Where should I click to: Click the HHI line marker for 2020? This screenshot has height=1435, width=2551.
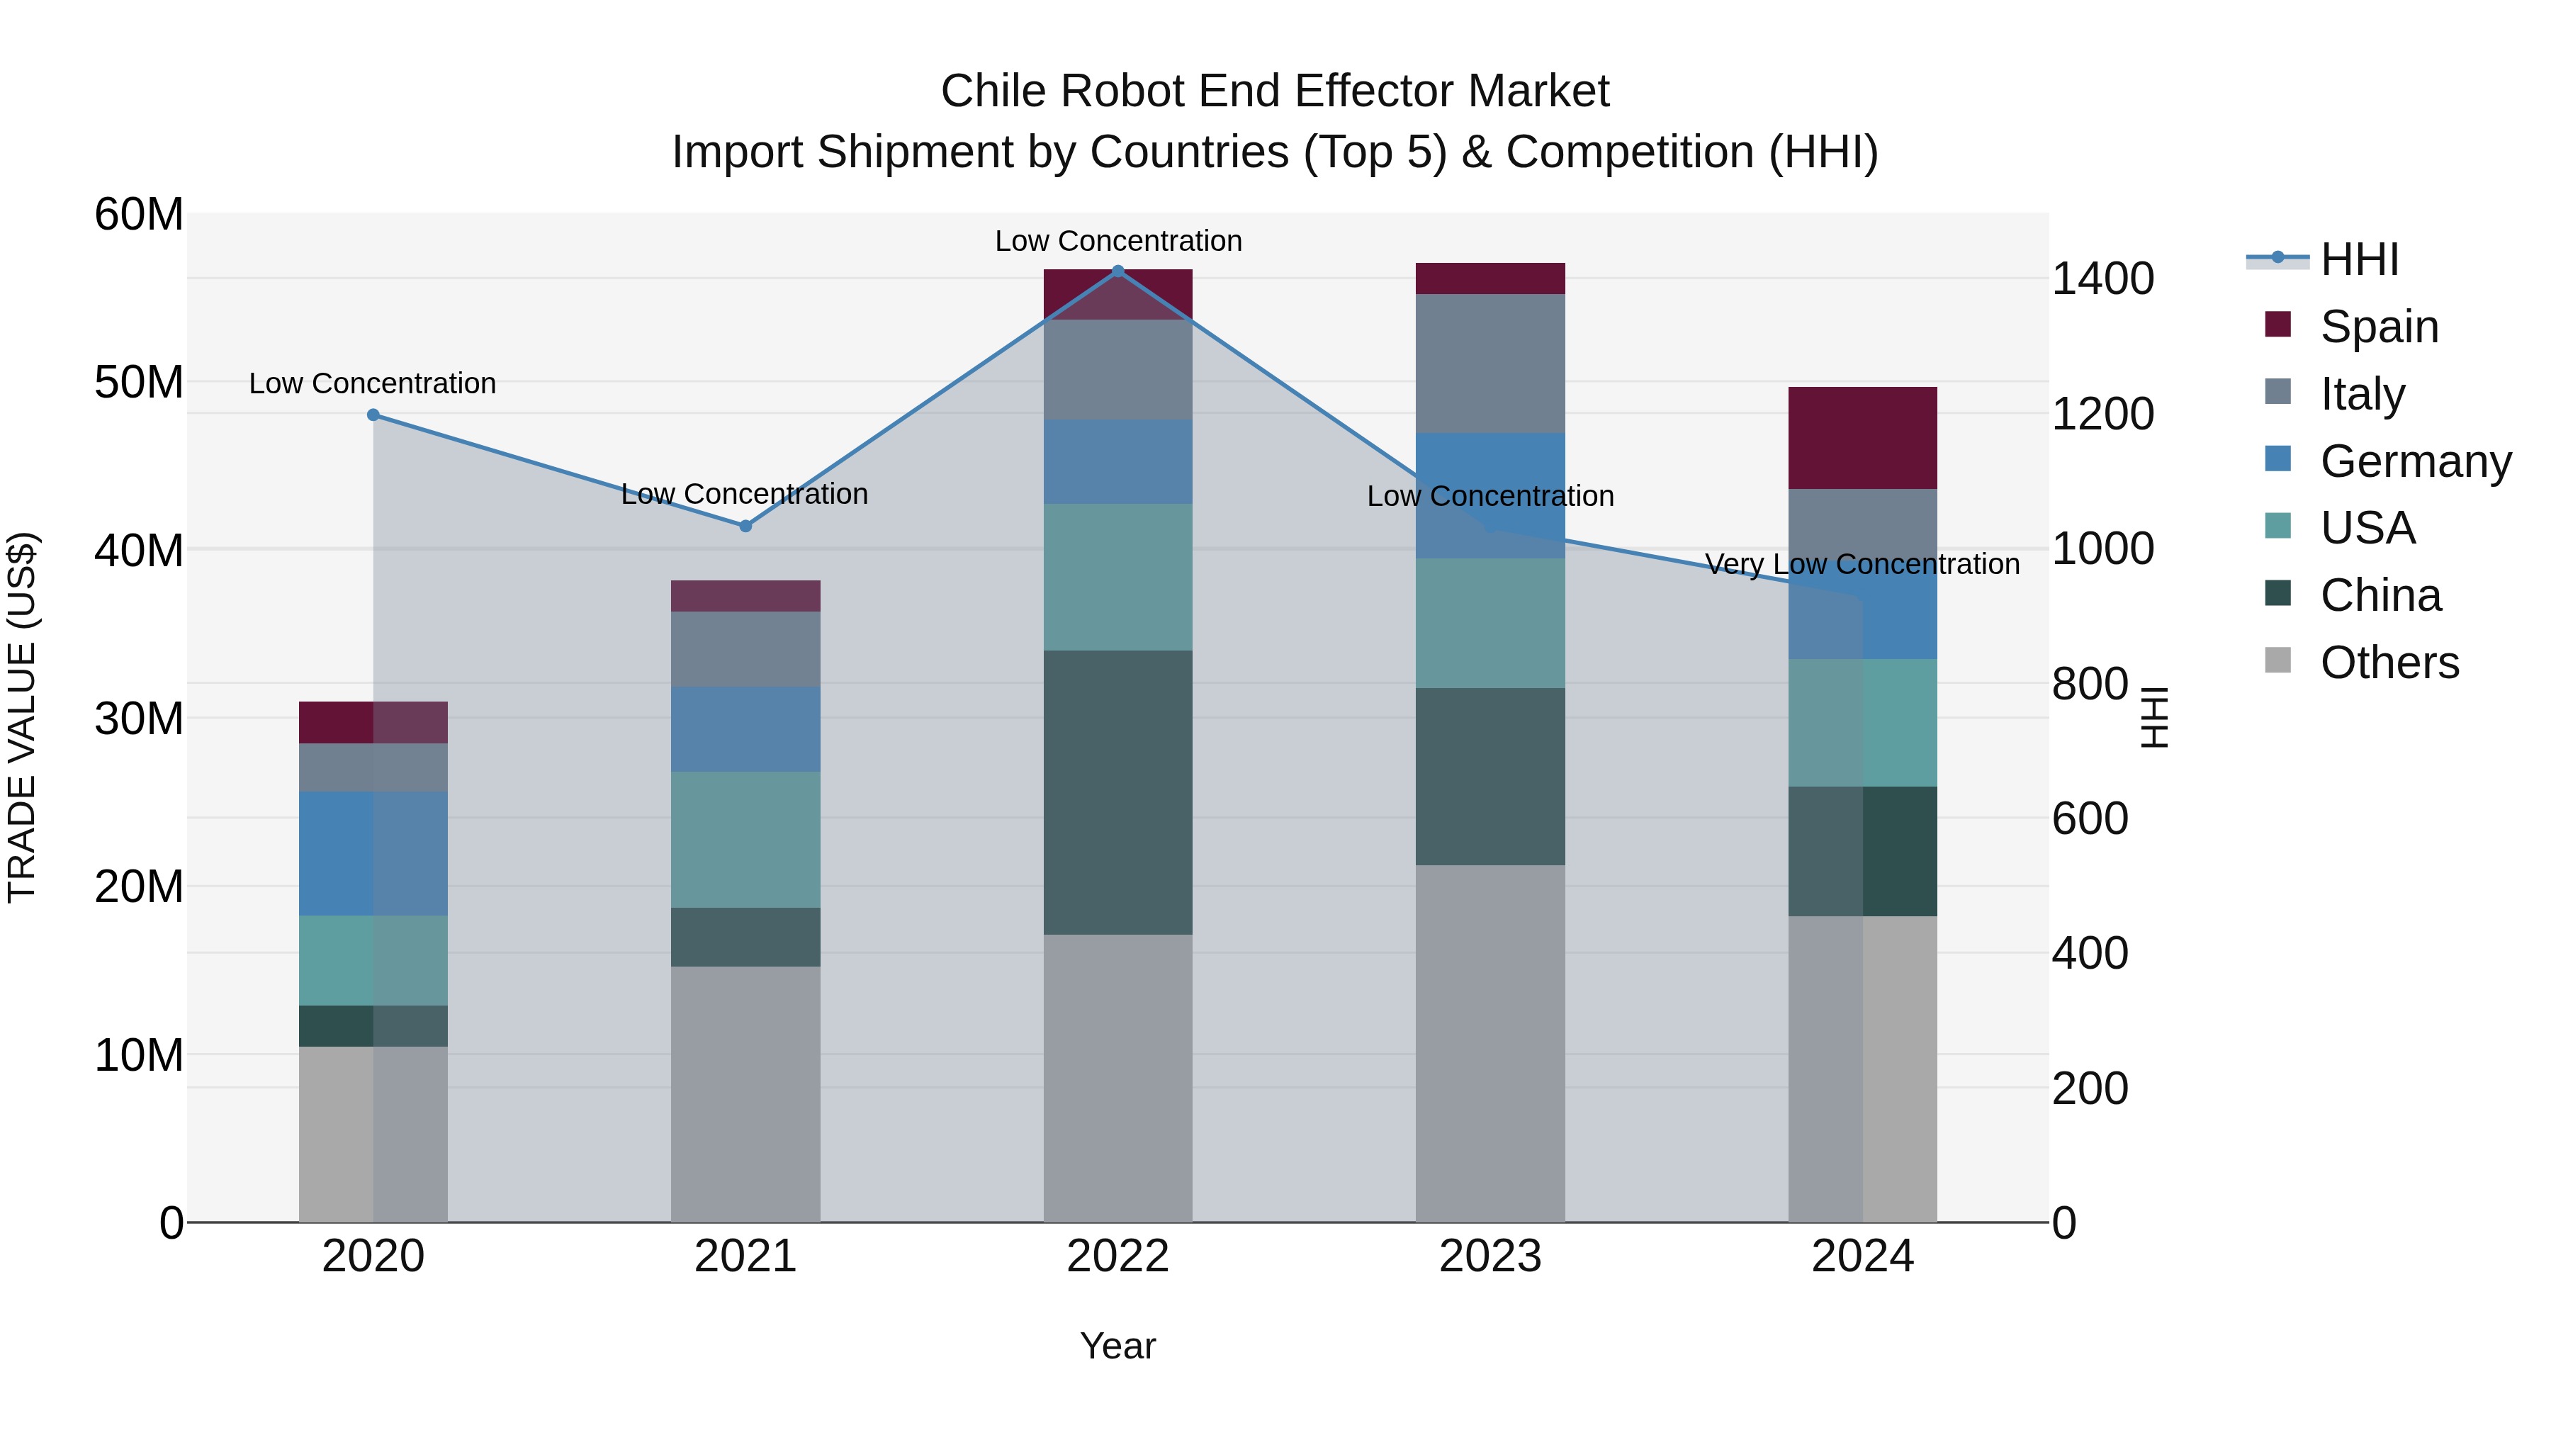tap(373, 415)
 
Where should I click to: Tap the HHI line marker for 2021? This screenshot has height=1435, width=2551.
tap(745, 526)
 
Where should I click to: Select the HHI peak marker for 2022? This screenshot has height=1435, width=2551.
tap(1118, 271)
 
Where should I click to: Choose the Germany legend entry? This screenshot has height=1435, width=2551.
tap(2414, 461)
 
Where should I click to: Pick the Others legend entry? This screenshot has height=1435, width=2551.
tap(2389, 663)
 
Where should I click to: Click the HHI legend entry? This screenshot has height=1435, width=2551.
tap(2359, 259)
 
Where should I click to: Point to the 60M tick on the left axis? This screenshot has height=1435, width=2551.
tap(139, 214)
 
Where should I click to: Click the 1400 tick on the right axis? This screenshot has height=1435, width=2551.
tap(2102, 278)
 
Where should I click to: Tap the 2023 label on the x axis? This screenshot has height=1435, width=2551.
tap(1490, 1256)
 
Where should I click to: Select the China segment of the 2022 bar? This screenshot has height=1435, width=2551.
tap(1118, 792)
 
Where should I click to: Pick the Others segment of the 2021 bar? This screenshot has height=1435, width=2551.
tap(745, 1094)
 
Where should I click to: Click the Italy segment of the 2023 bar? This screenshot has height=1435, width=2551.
tap(1490, 364)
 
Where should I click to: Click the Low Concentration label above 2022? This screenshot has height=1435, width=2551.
tap(1118, 241)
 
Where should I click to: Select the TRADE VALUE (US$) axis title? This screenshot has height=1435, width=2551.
tap(22, 717)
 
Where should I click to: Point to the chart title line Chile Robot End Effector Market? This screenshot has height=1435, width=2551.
tap(1275, 91)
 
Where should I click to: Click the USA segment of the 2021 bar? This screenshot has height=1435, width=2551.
tap(745, 840)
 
